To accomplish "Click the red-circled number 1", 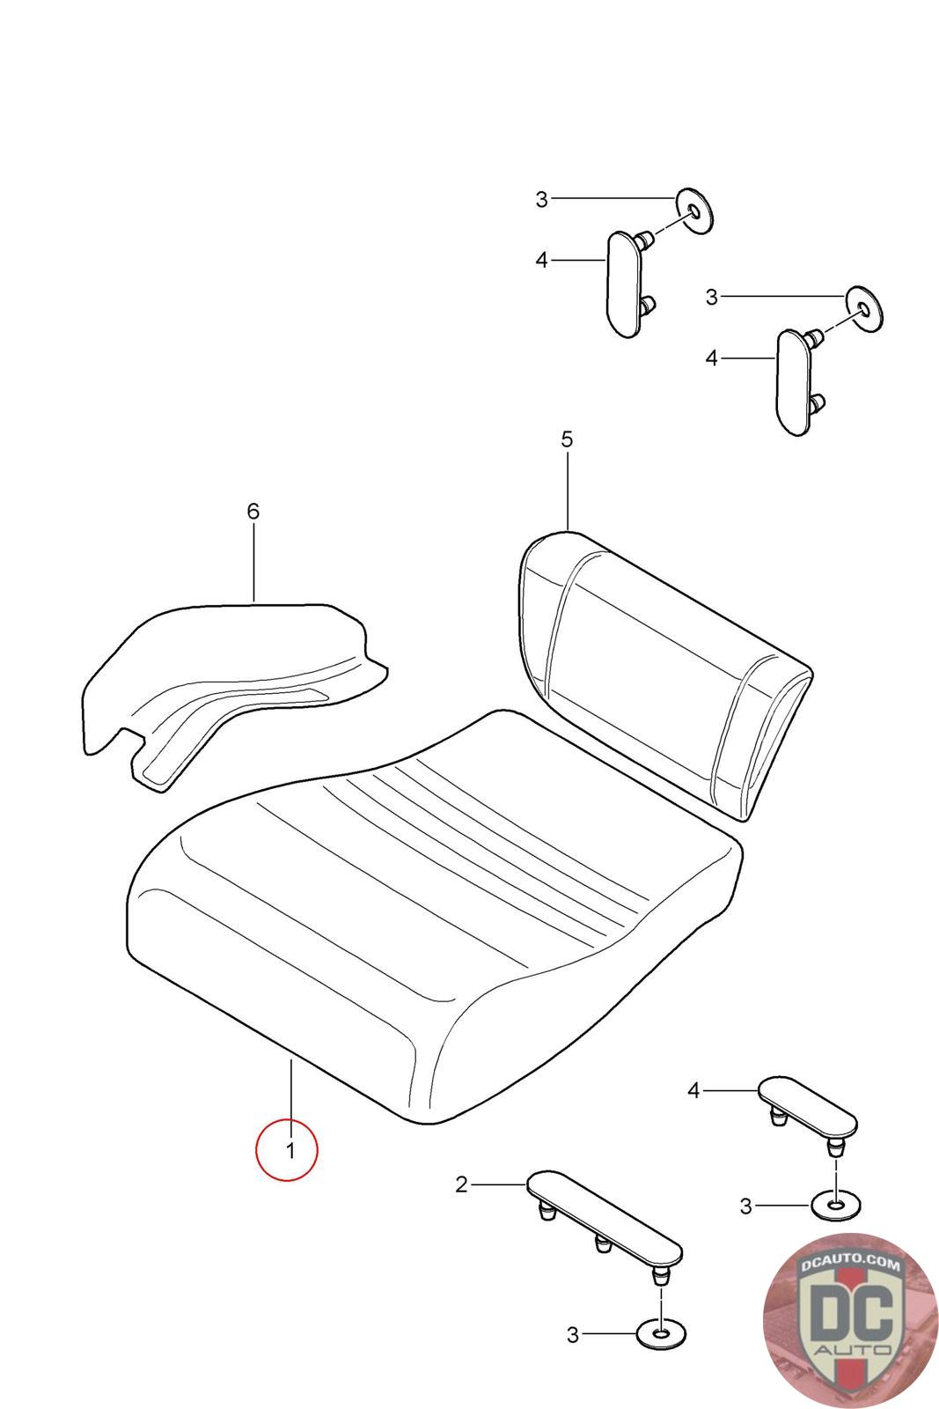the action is [x=290, y=1150].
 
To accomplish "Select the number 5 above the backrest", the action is [x=567, y=439].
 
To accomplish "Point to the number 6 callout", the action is [x=253, y=512].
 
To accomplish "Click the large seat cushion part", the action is [x=434, y=918].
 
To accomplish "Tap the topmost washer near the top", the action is [x=694, y=210].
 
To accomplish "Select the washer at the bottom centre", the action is [x=662, y=1333].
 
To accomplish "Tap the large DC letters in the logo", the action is [x=852, y=1311].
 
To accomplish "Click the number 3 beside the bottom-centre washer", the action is [x=573, y=1334].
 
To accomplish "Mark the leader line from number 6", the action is [x=254, y=564].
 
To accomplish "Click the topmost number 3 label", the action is [x=542, y=199].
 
